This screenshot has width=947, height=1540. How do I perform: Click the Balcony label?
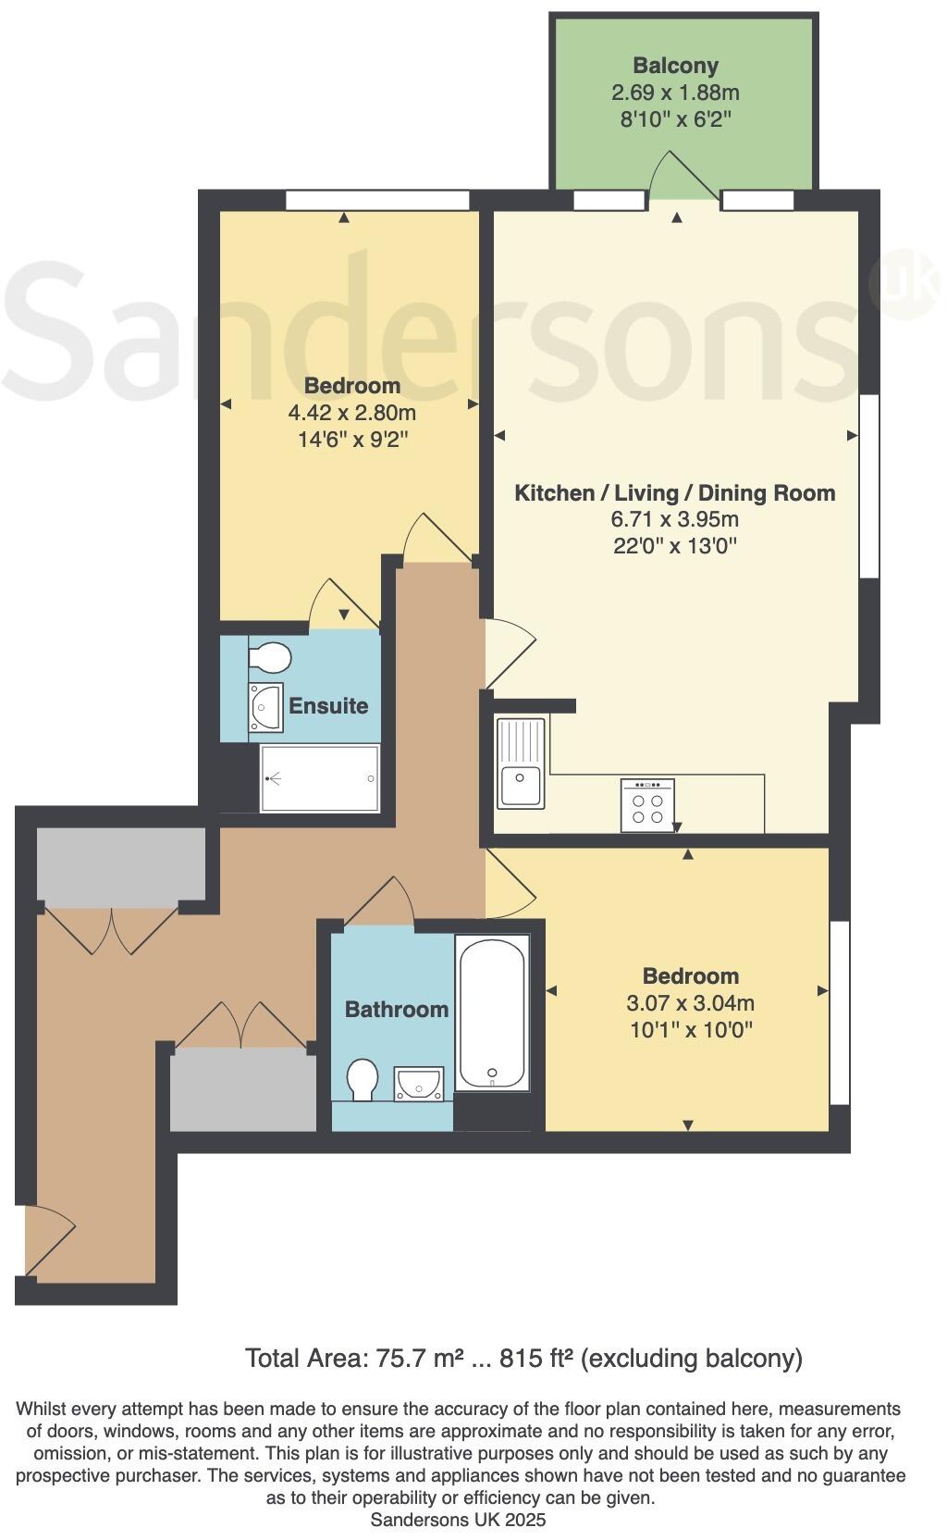[675, 66]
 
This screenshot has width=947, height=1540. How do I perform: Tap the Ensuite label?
[328, 706]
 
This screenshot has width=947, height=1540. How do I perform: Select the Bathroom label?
[396, 1009]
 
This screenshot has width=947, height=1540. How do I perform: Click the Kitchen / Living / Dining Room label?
[674, 493]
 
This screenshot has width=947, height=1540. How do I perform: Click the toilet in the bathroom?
[363, 1080]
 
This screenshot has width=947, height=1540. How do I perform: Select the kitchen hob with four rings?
[647, 806]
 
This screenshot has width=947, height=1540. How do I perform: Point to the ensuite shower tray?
[320, 778]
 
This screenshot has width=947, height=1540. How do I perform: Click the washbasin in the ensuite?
[265, 708]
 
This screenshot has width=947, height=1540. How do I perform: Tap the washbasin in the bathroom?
[419, 1083]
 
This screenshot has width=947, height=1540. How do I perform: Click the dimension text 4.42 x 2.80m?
[352, 412]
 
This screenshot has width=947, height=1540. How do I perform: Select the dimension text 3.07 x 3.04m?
[690, 1002]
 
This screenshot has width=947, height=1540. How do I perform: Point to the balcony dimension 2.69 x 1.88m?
[675, 93]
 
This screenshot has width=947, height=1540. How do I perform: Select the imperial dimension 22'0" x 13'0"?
[674, 546]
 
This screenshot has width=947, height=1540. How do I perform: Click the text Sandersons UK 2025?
[458, 1520]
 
